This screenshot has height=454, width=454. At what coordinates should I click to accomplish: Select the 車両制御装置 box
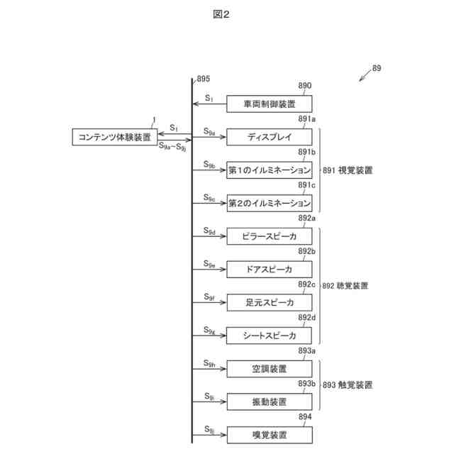click(x=269, y=104)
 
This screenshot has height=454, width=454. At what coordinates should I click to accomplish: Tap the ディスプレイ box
click(x=269, y=137)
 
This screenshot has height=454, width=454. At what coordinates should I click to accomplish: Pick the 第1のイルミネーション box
click(x=269, y=170)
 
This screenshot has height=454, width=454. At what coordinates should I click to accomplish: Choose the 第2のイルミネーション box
click(x=269, y=203)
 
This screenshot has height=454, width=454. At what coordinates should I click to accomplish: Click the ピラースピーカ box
click(x=269, y=236)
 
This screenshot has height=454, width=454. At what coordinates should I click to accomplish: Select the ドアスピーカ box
click(x=269, y=270)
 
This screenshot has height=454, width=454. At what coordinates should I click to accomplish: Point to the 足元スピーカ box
click(x=269, y=302)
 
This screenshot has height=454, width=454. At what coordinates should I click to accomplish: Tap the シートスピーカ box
click(x=269, y=336)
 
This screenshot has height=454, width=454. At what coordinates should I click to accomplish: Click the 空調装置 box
click(x=269, y=369)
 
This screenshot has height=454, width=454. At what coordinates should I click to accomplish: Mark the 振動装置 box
click(x=269, y=402)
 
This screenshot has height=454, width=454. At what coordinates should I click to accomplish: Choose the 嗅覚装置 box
click(x=269, y=435)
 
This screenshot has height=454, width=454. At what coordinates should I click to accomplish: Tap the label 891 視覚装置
click(x=348, y=170)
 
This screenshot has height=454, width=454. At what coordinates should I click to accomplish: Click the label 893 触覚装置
click(x=348, y=385)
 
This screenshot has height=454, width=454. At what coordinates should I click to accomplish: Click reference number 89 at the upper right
click(x=377, y=69)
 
